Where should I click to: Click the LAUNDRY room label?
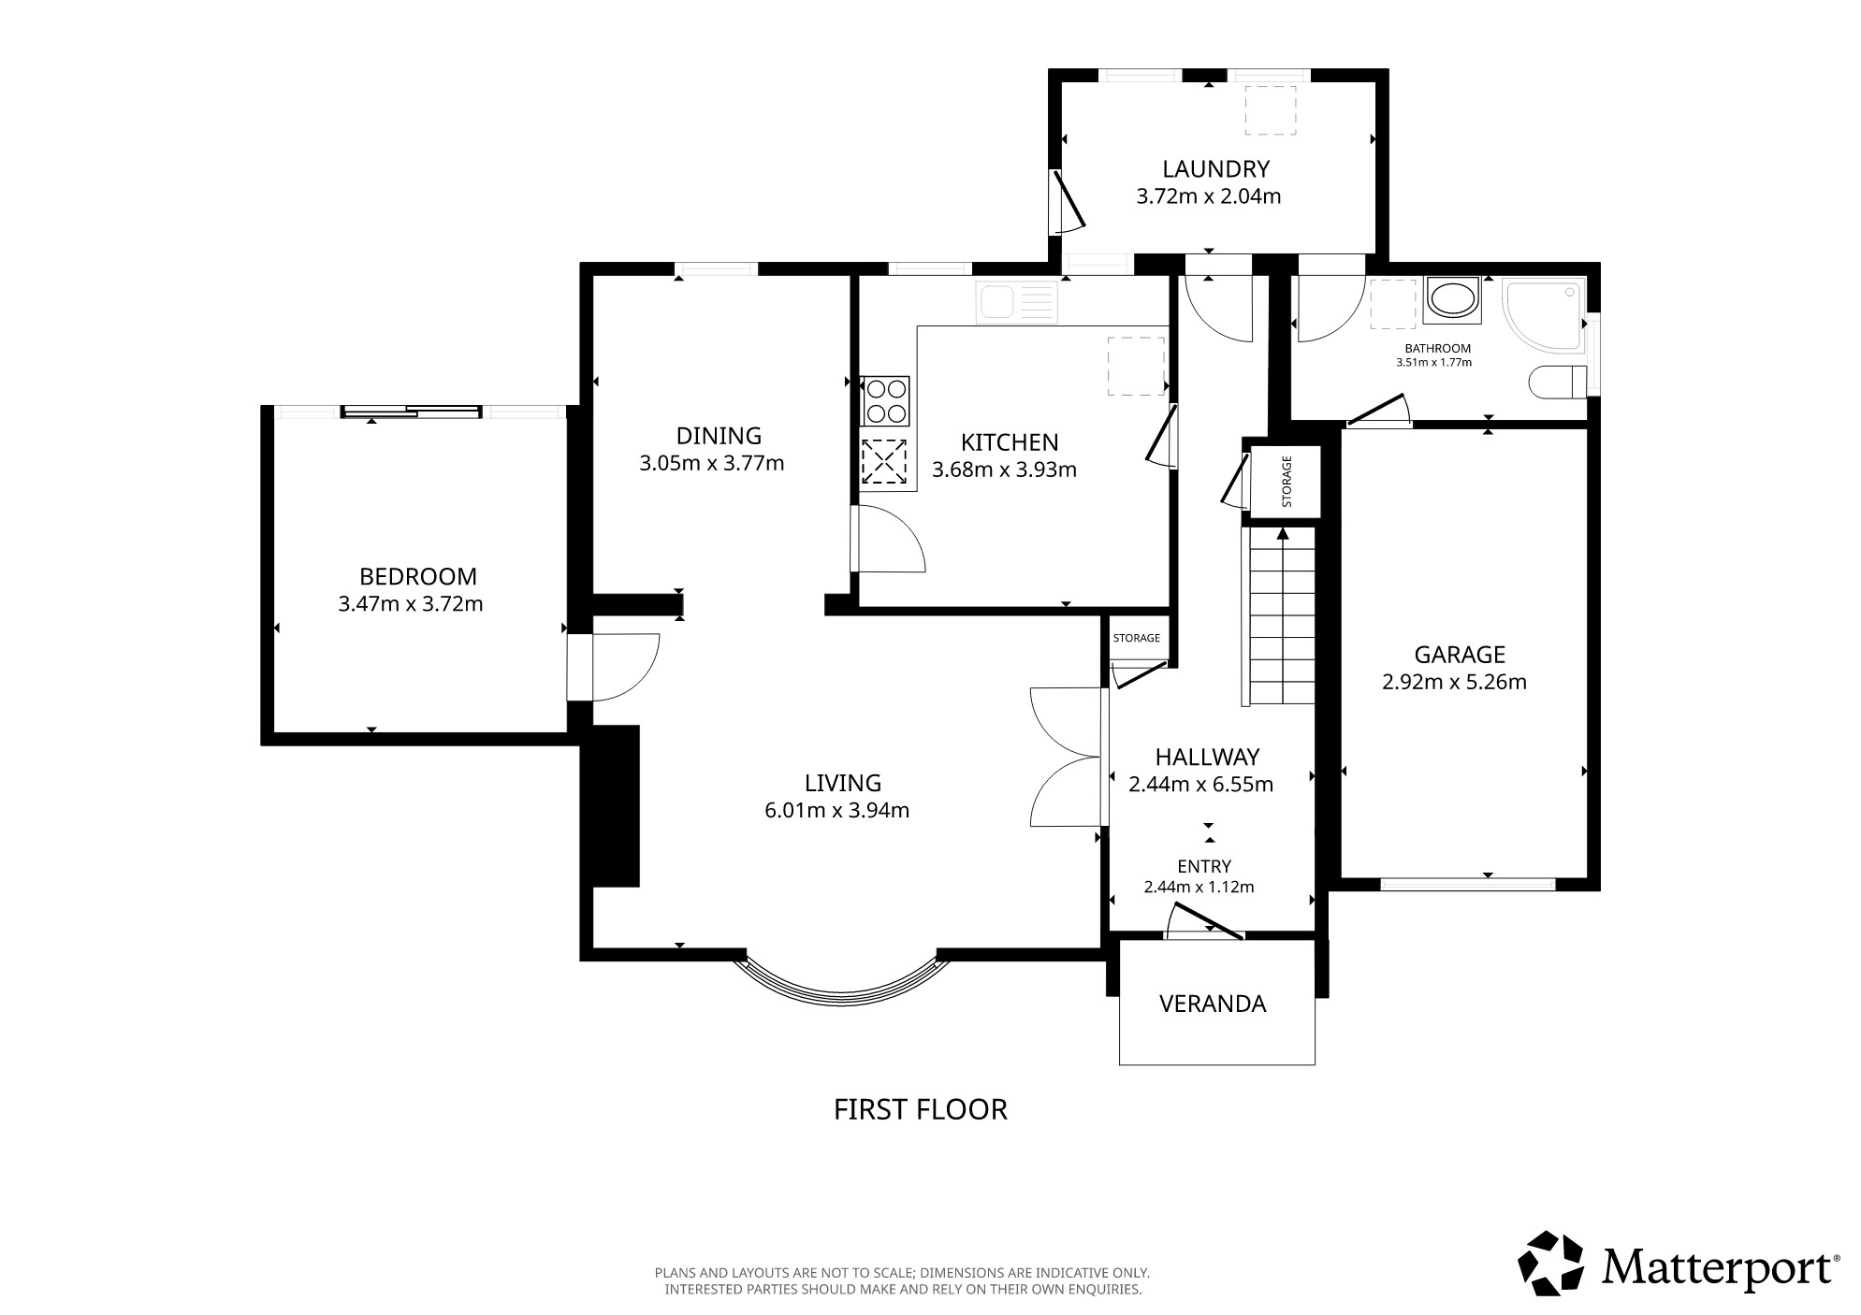coord(1215,169)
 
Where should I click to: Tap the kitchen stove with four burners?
coord(885,401)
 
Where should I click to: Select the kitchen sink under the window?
coord(1016,302)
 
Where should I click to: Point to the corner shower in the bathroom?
coord(1544,314)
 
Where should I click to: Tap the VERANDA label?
coord(1212,1004)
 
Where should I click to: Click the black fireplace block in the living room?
coord(610,805)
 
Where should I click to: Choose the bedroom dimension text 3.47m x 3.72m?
coord(411,604)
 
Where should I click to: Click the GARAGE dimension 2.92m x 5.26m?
coord(1454,683)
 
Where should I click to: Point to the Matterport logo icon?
coord(1550,1264)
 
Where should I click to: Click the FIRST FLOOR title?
coord(921,1109)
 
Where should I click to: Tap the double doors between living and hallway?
coord(1068,757)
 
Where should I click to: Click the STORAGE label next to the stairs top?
coord(1287,482)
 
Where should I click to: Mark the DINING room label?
coord(719,436)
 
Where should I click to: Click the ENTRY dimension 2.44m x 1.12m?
coord(1199,887)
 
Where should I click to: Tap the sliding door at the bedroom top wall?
coord(412,411)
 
